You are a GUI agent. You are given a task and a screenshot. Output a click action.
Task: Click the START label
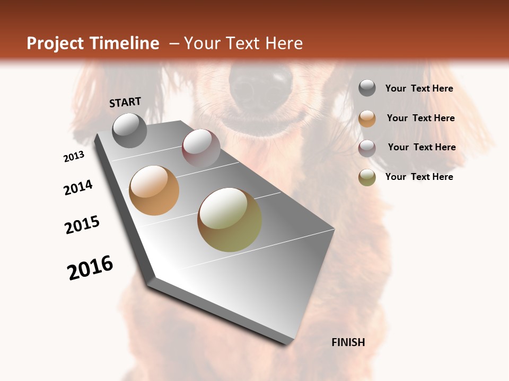[125, 102]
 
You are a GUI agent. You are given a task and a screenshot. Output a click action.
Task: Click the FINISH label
[348, 342]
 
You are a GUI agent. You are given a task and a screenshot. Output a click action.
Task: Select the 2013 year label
[74, 157]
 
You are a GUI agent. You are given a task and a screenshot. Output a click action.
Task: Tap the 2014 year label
[78, 188]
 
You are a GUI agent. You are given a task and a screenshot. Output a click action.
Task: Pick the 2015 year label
[82, 225]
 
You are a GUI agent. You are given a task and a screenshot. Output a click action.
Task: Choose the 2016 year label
[90, 268]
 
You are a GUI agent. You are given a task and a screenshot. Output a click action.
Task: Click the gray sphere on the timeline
[130, 130]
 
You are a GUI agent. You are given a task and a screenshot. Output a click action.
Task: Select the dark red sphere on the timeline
[201, 148]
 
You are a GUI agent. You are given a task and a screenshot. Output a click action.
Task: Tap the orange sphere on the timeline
[154, 190]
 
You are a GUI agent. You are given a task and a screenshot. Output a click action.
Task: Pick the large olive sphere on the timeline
[230, 220]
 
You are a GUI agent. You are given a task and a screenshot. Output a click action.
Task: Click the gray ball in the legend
[367, 88]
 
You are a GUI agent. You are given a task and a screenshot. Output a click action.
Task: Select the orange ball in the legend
[367, 119]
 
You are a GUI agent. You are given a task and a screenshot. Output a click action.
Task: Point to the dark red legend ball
[367, 148]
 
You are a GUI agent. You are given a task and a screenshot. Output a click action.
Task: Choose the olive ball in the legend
[367, 177]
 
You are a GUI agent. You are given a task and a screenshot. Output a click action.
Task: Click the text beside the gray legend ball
[419, 89]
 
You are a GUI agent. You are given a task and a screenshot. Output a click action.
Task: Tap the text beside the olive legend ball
[419, 177]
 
